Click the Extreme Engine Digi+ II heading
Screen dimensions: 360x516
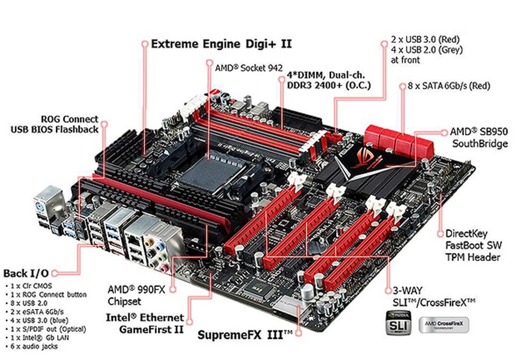221,44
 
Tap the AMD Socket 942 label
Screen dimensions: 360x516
249,68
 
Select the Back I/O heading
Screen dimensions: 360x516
26,273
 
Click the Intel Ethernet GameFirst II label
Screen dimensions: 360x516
145,323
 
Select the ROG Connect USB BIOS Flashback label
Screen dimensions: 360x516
55,124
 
